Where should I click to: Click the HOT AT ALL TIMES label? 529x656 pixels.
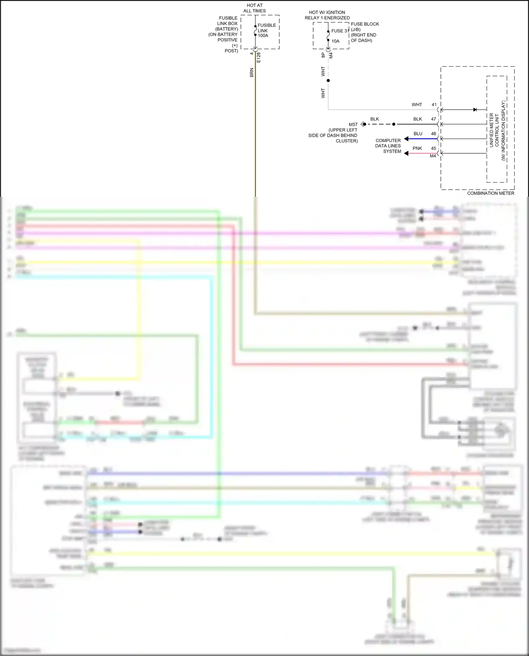coord(254,8)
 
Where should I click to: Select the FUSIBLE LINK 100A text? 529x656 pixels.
coord(267,30)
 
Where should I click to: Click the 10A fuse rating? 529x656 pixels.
coord(335,41)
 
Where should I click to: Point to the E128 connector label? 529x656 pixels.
coord(259,57)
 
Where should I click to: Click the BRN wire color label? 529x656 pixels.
coord(252,73)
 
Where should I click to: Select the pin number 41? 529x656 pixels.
coord(434,105)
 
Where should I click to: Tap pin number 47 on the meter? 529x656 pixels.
coord(433,119)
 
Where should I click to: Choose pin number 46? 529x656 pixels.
coord(433,134)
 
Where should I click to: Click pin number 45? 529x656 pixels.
coord(433,148)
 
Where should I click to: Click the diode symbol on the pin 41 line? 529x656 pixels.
coord(475,110)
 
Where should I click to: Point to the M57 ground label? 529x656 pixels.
coord(353,124)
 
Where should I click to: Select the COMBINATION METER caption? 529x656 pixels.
coord(490,193)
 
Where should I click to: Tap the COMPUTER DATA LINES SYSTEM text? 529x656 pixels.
coord(388,146)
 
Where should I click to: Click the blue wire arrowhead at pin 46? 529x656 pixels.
coord(406,139)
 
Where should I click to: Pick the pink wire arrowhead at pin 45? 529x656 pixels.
coord(406,153)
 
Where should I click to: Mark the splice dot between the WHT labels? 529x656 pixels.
coord(328,81)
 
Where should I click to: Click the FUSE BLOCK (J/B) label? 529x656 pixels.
coord(365,27)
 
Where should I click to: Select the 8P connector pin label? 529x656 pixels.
coord(323,55)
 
